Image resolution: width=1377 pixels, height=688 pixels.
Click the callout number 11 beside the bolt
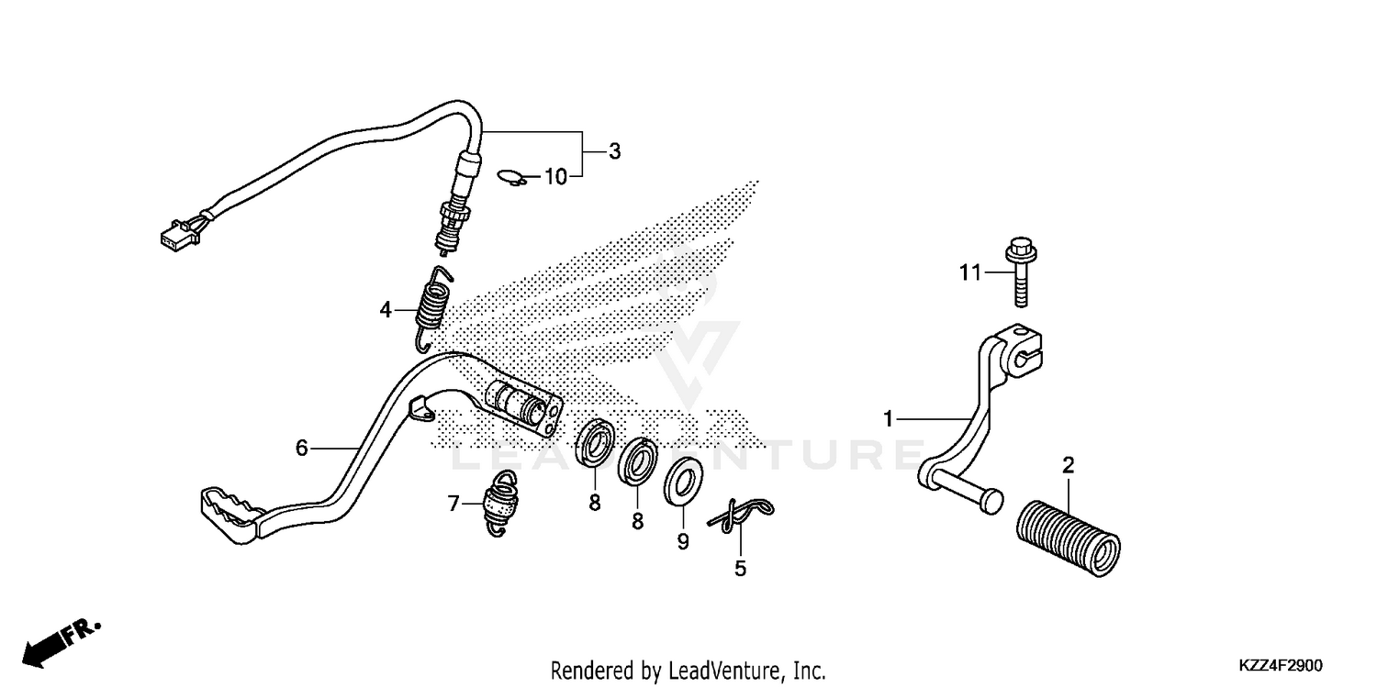point(970,272)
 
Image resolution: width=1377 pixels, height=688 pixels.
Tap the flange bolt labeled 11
point(1021,271)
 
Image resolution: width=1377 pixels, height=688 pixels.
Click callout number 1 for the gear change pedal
point(888,419)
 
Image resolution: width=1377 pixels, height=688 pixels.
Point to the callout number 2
point(1068,465)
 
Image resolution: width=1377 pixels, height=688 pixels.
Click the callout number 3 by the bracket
point(614,151)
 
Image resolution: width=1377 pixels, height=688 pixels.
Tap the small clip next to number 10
point(513,177)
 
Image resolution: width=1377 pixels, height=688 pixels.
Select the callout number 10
point(556,177)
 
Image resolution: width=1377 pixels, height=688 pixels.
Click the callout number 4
point(386,310)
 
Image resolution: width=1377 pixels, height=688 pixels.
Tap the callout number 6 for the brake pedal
point(301,448)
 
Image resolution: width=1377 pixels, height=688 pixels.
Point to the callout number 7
point(453,503)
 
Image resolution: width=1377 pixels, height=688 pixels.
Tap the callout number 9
point(682,542)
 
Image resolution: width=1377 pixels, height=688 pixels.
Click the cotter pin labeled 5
point(740,516)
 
